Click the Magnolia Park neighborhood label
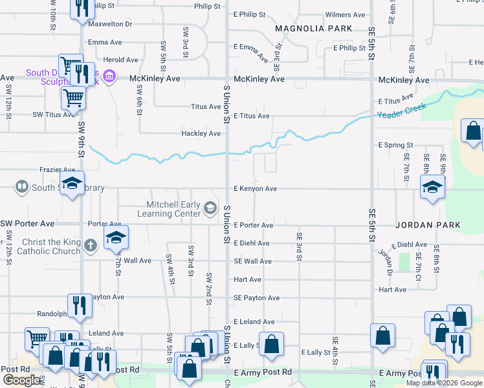click(x=314, y=28)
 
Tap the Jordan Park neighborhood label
click(x=428, y=225)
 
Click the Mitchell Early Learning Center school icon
click(x=210, y=208)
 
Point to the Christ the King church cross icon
click(x=91, y=245)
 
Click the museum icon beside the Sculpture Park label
click(x=109, y=78)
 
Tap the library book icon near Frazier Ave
click(x=21, y=188)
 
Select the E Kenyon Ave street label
click(x=255, y=189)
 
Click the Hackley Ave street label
click(x=201, y=134)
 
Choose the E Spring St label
click(x=395, y=145)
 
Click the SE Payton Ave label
click(x=257, y=298)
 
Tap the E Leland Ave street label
click(x=254, y=321)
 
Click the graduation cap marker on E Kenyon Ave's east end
click(x=432, y=188)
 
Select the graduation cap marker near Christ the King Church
click(x=116, y=238)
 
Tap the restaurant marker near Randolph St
click(x=80, y=305)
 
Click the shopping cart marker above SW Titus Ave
click(x=73, y=98)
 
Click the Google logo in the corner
click(x=22, y=380)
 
